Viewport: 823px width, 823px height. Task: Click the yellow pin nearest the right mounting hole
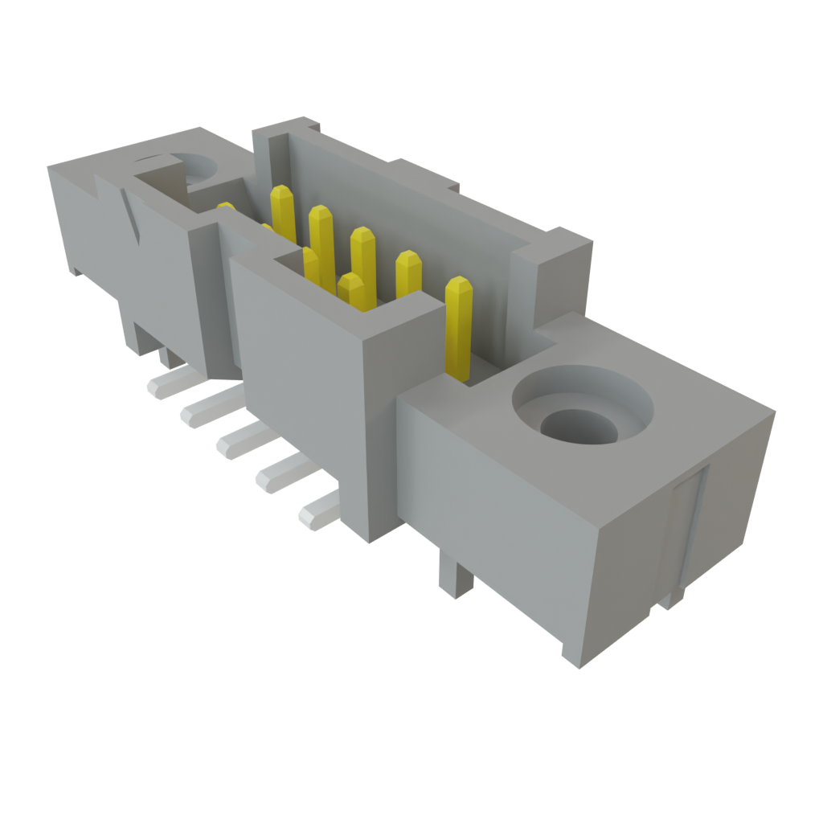pyautogui.click(x=458, y=330)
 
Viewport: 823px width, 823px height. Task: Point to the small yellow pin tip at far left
pyautogui.click(x=226, y=207)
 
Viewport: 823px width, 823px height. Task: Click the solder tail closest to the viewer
pyautogui.click(x=318, y=511)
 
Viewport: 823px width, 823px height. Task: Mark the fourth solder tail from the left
pyautogui.click(x=278, y=475)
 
